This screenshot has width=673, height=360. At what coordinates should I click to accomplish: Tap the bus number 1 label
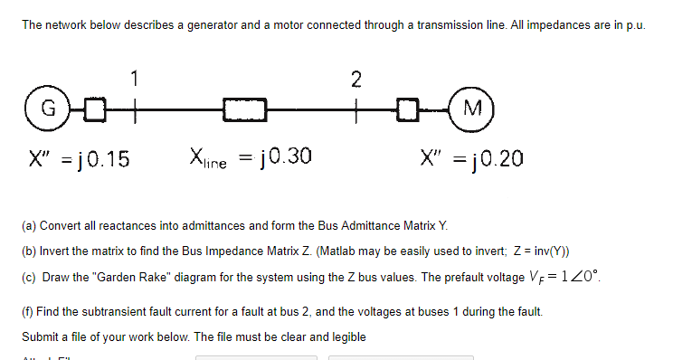135,80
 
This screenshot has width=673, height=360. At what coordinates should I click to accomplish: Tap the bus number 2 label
356,80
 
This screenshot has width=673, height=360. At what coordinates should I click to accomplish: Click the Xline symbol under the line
209,158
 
